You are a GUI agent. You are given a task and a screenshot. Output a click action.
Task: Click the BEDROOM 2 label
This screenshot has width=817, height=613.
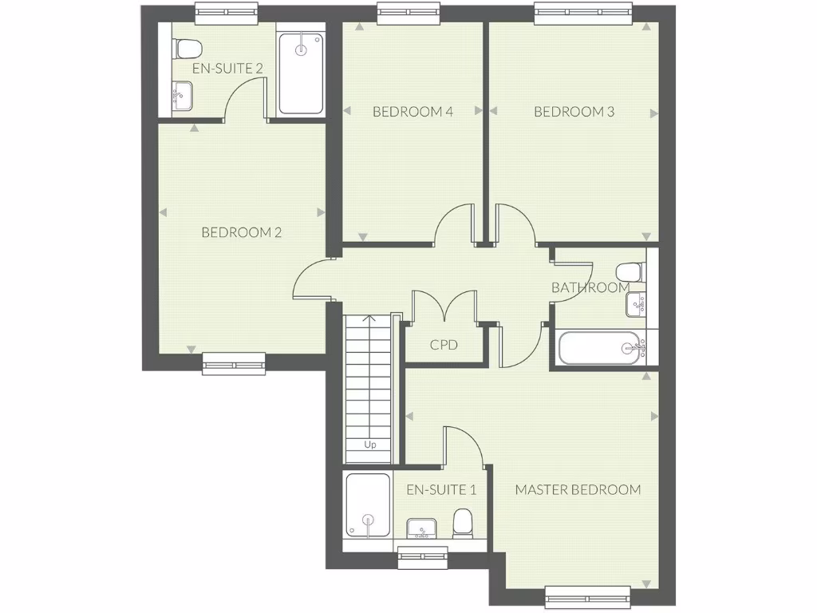(242, 233)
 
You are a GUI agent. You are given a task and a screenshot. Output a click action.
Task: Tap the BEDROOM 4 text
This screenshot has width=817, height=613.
(412, 112)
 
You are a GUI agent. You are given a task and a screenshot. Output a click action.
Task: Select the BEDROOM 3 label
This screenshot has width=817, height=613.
(574, 112)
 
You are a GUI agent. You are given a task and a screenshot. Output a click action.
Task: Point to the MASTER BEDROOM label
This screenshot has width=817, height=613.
(578, 489)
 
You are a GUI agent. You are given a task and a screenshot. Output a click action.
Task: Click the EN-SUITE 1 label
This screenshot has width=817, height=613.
(441, 489)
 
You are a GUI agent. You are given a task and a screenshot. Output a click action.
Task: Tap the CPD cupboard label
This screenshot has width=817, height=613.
(444, 346)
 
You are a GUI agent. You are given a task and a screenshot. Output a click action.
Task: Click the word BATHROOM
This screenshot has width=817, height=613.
(590, 287)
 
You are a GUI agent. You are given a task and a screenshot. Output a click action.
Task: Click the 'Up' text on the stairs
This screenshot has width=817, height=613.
(370, 445)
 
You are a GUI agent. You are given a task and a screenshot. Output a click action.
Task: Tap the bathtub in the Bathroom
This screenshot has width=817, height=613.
(599, 348)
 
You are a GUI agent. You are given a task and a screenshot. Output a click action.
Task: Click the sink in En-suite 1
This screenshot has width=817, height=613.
(422, 528)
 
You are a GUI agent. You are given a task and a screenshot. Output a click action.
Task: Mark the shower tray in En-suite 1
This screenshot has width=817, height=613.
(368, 504)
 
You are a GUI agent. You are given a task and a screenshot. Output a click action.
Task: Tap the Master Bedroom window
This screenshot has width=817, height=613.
(587, 594)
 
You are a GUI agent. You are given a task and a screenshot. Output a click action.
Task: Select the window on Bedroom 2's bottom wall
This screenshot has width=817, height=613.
(234, 363)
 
